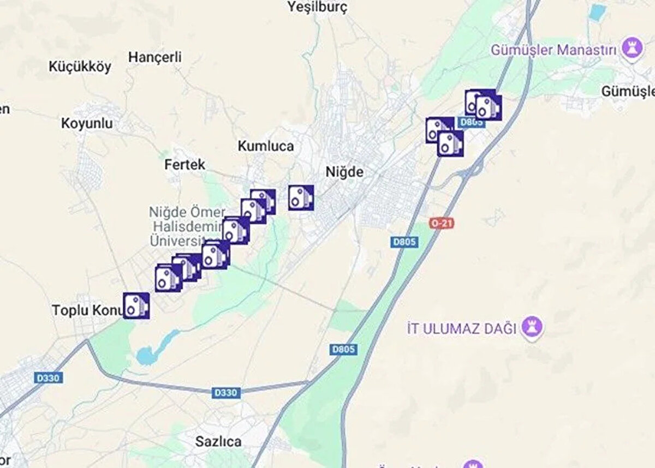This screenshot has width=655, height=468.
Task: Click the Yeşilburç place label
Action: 317,7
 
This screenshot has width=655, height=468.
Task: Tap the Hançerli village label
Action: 155,57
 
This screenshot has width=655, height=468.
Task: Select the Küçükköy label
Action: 80,67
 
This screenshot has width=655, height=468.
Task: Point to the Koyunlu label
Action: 87,123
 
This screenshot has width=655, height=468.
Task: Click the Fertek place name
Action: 185,164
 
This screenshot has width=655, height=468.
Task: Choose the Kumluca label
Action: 266,146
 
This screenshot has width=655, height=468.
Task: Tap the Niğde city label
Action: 344,172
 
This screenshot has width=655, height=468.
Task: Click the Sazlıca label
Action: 218,441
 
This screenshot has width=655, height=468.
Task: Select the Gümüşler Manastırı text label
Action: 553,50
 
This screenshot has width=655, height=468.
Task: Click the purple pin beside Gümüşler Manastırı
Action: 632,49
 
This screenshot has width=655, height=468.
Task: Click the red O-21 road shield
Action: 442,223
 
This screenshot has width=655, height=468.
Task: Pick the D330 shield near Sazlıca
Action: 225,392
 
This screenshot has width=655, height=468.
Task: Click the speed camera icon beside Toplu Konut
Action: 136,305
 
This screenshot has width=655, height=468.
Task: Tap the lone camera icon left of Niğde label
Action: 301,197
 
